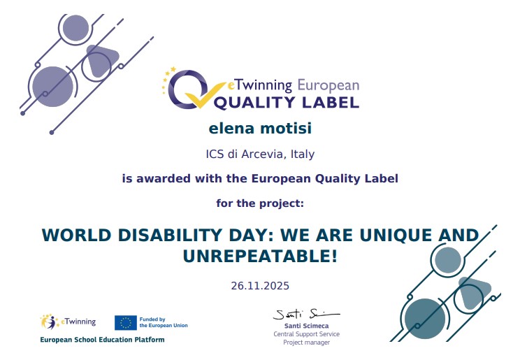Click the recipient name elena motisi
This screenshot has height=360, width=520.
click(x=260, y=129)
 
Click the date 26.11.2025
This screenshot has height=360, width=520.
click(x=260, y=286)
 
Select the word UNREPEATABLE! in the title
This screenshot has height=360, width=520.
click(x=260, y=257)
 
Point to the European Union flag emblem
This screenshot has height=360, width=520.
click(x=125, y=322)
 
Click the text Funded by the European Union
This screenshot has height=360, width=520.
click(x=164, y=322)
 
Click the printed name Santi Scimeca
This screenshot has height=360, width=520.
click(x=306, y=326)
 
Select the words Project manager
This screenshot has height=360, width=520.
click(x=306, y=343)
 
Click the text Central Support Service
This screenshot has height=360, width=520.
click(x=306, y=334)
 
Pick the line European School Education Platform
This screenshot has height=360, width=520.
click(x=102, y=340)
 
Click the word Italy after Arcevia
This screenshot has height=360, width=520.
click(x=302, y=154)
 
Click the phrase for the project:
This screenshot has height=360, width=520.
click(x=260, y=203)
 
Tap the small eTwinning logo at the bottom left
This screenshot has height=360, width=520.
click(x=68, y=322)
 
